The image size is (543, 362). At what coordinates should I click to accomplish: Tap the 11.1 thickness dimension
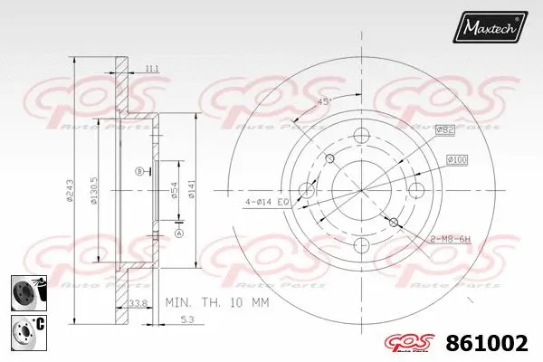click(x=150, y=68)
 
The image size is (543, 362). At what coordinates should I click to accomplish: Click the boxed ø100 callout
click(x=457, y=160)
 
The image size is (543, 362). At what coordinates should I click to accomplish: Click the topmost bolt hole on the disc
click(x=362, y=137)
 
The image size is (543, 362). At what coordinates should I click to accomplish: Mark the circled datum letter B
click(x=138, y=171)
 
